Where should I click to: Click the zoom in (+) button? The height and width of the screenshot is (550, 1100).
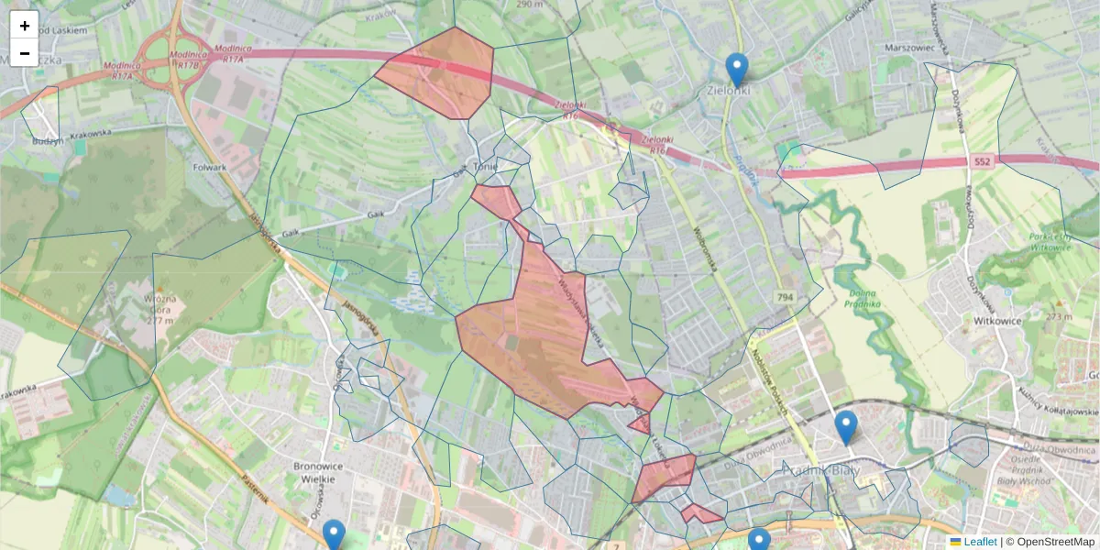click(25, 26)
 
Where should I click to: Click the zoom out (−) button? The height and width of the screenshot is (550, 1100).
click(25, 53)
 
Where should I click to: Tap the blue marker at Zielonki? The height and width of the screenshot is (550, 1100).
click(736, 70)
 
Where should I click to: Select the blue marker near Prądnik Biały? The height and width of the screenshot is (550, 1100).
click(845, 427)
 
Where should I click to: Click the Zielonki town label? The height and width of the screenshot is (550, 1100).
click(729, 91)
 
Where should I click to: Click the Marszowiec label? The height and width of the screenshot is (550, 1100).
click(884, 48)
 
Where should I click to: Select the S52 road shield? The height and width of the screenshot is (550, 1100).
click(983, 161)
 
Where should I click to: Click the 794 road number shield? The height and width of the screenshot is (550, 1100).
click(785, 297)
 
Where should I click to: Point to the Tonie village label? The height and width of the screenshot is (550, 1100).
click(485, 167)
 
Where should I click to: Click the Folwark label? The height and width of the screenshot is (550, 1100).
click(210, 168)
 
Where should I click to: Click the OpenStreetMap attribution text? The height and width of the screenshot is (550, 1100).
click(1054, 542)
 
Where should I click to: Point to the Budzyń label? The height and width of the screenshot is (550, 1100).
click(48, 142)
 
